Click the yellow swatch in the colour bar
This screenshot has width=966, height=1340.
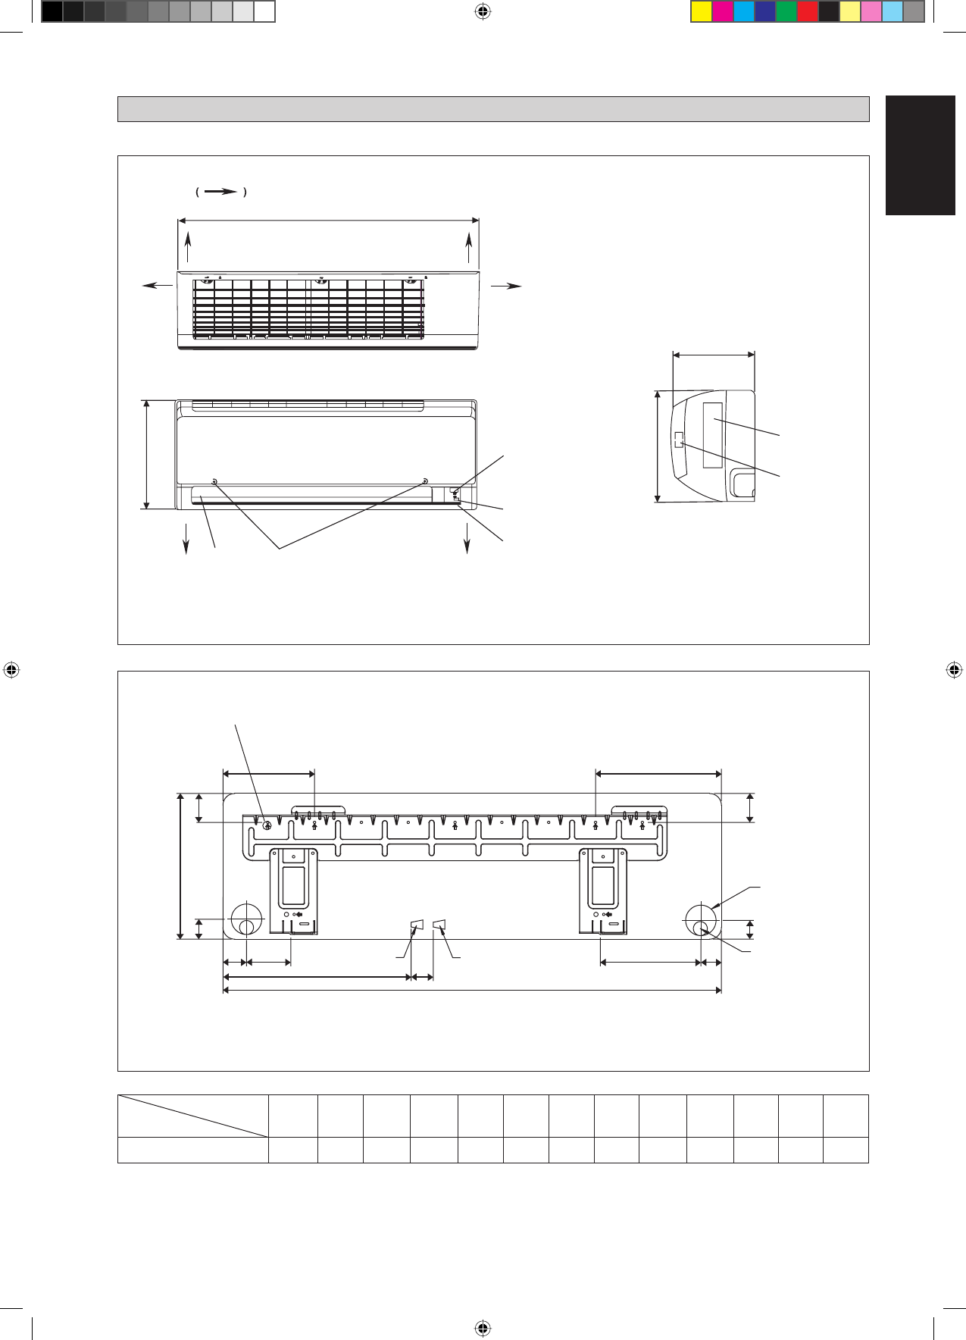pyautogui.click(x=702, y=12)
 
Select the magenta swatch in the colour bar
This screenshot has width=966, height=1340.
pyautogui.click(x=723, y=12)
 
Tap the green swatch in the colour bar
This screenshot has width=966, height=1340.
pyautogui.click(x=786, y=12)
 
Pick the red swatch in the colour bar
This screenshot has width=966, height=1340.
pyautogui.click(x=808, y=12)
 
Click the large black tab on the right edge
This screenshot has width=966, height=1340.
pyautogui.click(x=921, y=155)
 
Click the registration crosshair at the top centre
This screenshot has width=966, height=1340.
pyautogui.click(x=483, y=11)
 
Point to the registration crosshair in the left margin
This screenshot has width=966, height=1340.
pyautogui.click(x=11, y=670)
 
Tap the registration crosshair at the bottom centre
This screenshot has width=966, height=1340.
pyautogui.click(x=483, y=1328)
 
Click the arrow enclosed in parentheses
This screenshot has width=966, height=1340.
pyautogui.click(x=220, y=192)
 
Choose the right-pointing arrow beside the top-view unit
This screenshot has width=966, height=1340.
pyautogui.click(x=507, y=285)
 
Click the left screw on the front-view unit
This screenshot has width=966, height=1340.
pyautogui.click(x=214, y=482)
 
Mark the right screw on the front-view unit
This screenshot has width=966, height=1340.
pyautogui.click(x=425, y=481)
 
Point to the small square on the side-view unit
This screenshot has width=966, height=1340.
pyautogui.click(x=679, y=440)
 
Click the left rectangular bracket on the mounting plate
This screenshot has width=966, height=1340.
pyautogui.click(x=293, y=891)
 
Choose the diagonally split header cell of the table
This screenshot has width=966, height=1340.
pyautogui.click(x=193, y=1116)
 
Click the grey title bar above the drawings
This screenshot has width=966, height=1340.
pyautogui.click(x=493, y=109)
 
